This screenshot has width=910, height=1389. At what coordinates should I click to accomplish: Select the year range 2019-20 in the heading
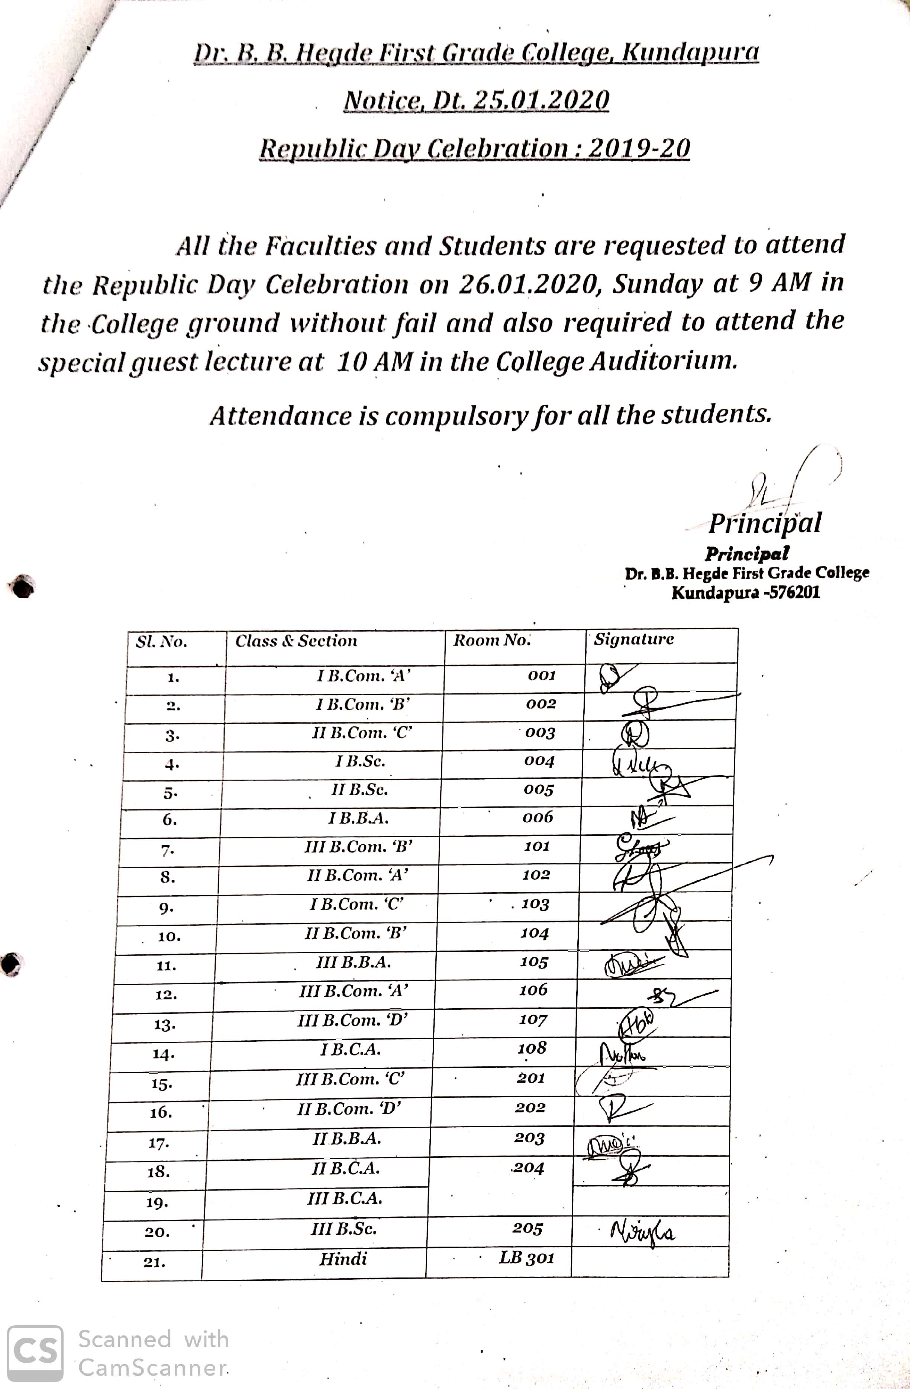(639, 148)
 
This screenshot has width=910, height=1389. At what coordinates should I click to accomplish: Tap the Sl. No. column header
(162, 642)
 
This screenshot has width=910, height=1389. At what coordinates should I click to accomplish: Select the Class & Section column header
(296, 641)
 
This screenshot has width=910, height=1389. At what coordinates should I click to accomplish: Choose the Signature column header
(634, 639)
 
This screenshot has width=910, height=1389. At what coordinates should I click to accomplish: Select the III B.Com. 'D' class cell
(352, 1019)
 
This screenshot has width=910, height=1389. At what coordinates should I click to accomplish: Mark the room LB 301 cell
(526, 1258)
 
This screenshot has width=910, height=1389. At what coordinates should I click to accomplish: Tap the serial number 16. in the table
(161, 1112)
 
